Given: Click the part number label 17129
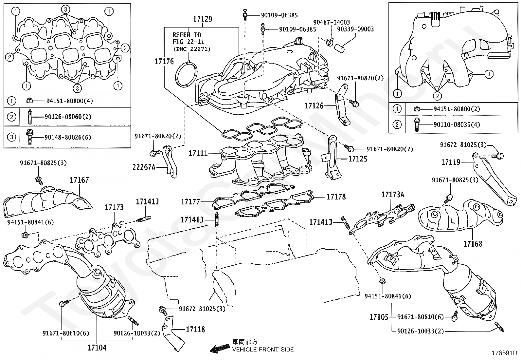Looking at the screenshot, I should coord(202,19).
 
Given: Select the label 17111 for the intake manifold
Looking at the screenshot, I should coord(198,153).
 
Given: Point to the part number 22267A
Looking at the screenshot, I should coord(144,167).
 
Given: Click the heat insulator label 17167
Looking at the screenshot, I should coord(79,180).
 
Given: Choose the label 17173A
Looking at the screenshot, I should coord(392,195).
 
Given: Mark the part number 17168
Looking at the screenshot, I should coord(472,244).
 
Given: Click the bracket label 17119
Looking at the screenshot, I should coord(451,162).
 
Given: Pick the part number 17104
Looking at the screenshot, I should coord(97,348).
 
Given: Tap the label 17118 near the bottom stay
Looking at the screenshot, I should coord(195,330).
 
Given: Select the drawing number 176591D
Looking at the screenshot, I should coord(504,353).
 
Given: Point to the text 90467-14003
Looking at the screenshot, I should coord(332,22).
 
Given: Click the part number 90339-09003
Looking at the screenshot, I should coord(356,29).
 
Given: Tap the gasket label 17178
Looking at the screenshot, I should coord(336,197).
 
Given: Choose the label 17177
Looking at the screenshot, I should coord(190,202).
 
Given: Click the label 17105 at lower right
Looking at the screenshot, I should coord(379,317).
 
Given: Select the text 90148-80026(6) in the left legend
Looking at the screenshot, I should coord(68,137).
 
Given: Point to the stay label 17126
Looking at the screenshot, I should coord(314,106).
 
